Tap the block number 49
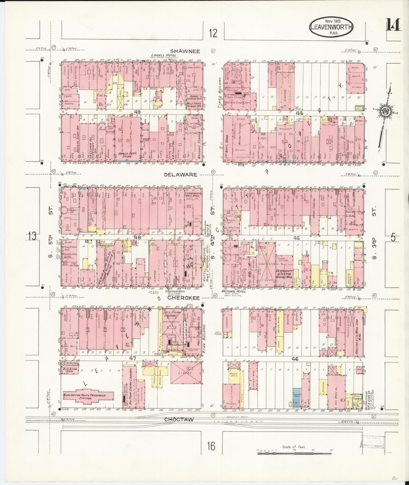click(x=138, y=112)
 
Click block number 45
click(x=296, y=238)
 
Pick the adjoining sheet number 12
click(x=214, y=33)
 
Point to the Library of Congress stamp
click(x=373, y=443)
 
